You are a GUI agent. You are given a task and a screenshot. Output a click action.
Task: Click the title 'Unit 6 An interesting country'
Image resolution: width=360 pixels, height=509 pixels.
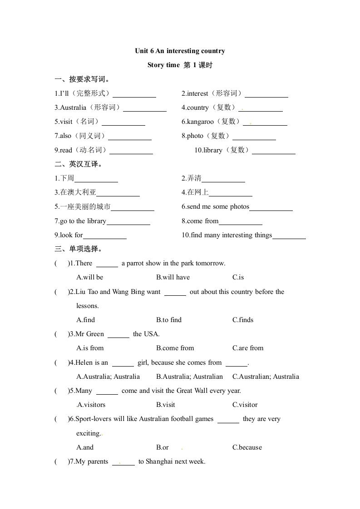pyautogui.click(x=180, y=51)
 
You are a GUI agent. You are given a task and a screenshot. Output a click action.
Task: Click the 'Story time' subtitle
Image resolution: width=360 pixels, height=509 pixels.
pyautogui.click(x=163, y=65)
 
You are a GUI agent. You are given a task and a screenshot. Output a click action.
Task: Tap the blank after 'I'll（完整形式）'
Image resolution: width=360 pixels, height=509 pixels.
pyautogui.click(x=134, y=94)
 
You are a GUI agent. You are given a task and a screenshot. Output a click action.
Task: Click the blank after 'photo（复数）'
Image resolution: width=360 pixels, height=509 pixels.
pyautogui.click(x=254, y=136)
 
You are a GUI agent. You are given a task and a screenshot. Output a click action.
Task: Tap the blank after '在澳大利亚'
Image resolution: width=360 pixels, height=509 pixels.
pyautogui.click(x=118, y=193)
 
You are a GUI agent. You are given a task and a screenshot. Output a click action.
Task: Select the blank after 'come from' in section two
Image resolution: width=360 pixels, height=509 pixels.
pyautogui.click(x=241, y=221)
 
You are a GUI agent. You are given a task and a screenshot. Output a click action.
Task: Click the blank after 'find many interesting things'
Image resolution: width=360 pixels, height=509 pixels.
pyautogui.click(x=289, y=235)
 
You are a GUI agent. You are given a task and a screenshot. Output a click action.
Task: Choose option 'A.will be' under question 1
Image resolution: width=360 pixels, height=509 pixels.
pyautogui.click(x=90, y=277)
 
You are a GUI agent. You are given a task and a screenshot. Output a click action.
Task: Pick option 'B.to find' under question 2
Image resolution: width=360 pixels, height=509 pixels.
pyautogui.click(x=169, y=320)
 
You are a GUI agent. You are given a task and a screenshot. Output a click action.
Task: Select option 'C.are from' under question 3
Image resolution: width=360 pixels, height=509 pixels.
pyautogui.click(x=248, y=348)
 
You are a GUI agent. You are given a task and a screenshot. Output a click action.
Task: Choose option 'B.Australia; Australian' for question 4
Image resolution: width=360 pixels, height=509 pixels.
pyautogui.click(x=189, y=377)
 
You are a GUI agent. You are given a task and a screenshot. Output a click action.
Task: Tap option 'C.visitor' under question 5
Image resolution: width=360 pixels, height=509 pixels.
pyautogui.click(x=245, y=405)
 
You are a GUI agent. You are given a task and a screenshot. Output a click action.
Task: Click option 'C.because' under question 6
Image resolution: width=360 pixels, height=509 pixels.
pyautogui.click(x=247, y=447)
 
